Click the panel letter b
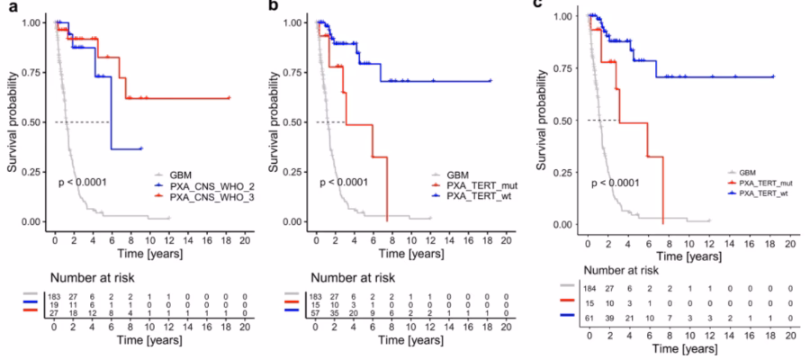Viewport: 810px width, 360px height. [275, 5]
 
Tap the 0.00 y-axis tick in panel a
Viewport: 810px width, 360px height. [30, 221]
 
